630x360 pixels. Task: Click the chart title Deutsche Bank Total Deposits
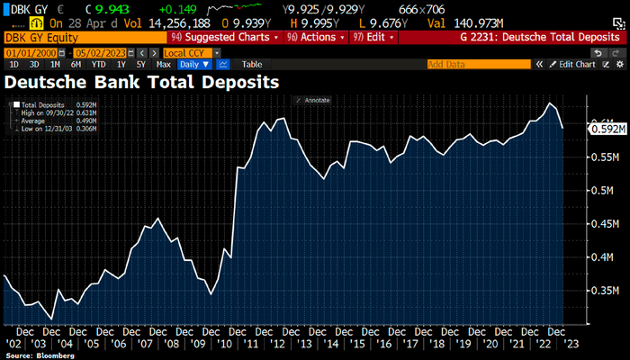point(141,82)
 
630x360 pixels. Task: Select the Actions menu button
point(316,38)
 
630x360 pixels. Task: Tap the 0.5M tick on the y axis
point(601,191)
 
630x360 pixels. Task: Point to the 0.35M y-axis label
point(601,292)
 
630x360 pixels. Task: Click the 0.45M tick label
point(601,224)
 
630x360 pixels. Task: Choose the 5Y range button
point(140,65)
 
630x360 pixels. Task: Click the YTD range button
point(97,65)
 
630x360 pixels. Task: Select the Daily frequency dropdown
point(194,65)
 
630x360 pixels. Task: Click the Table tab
point(252,65)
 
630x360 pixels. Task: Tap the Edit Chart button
point(577,65)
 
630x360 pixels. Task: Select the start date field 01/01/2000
point(30,53)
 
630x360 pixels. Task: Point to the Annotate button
point(315,100)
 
